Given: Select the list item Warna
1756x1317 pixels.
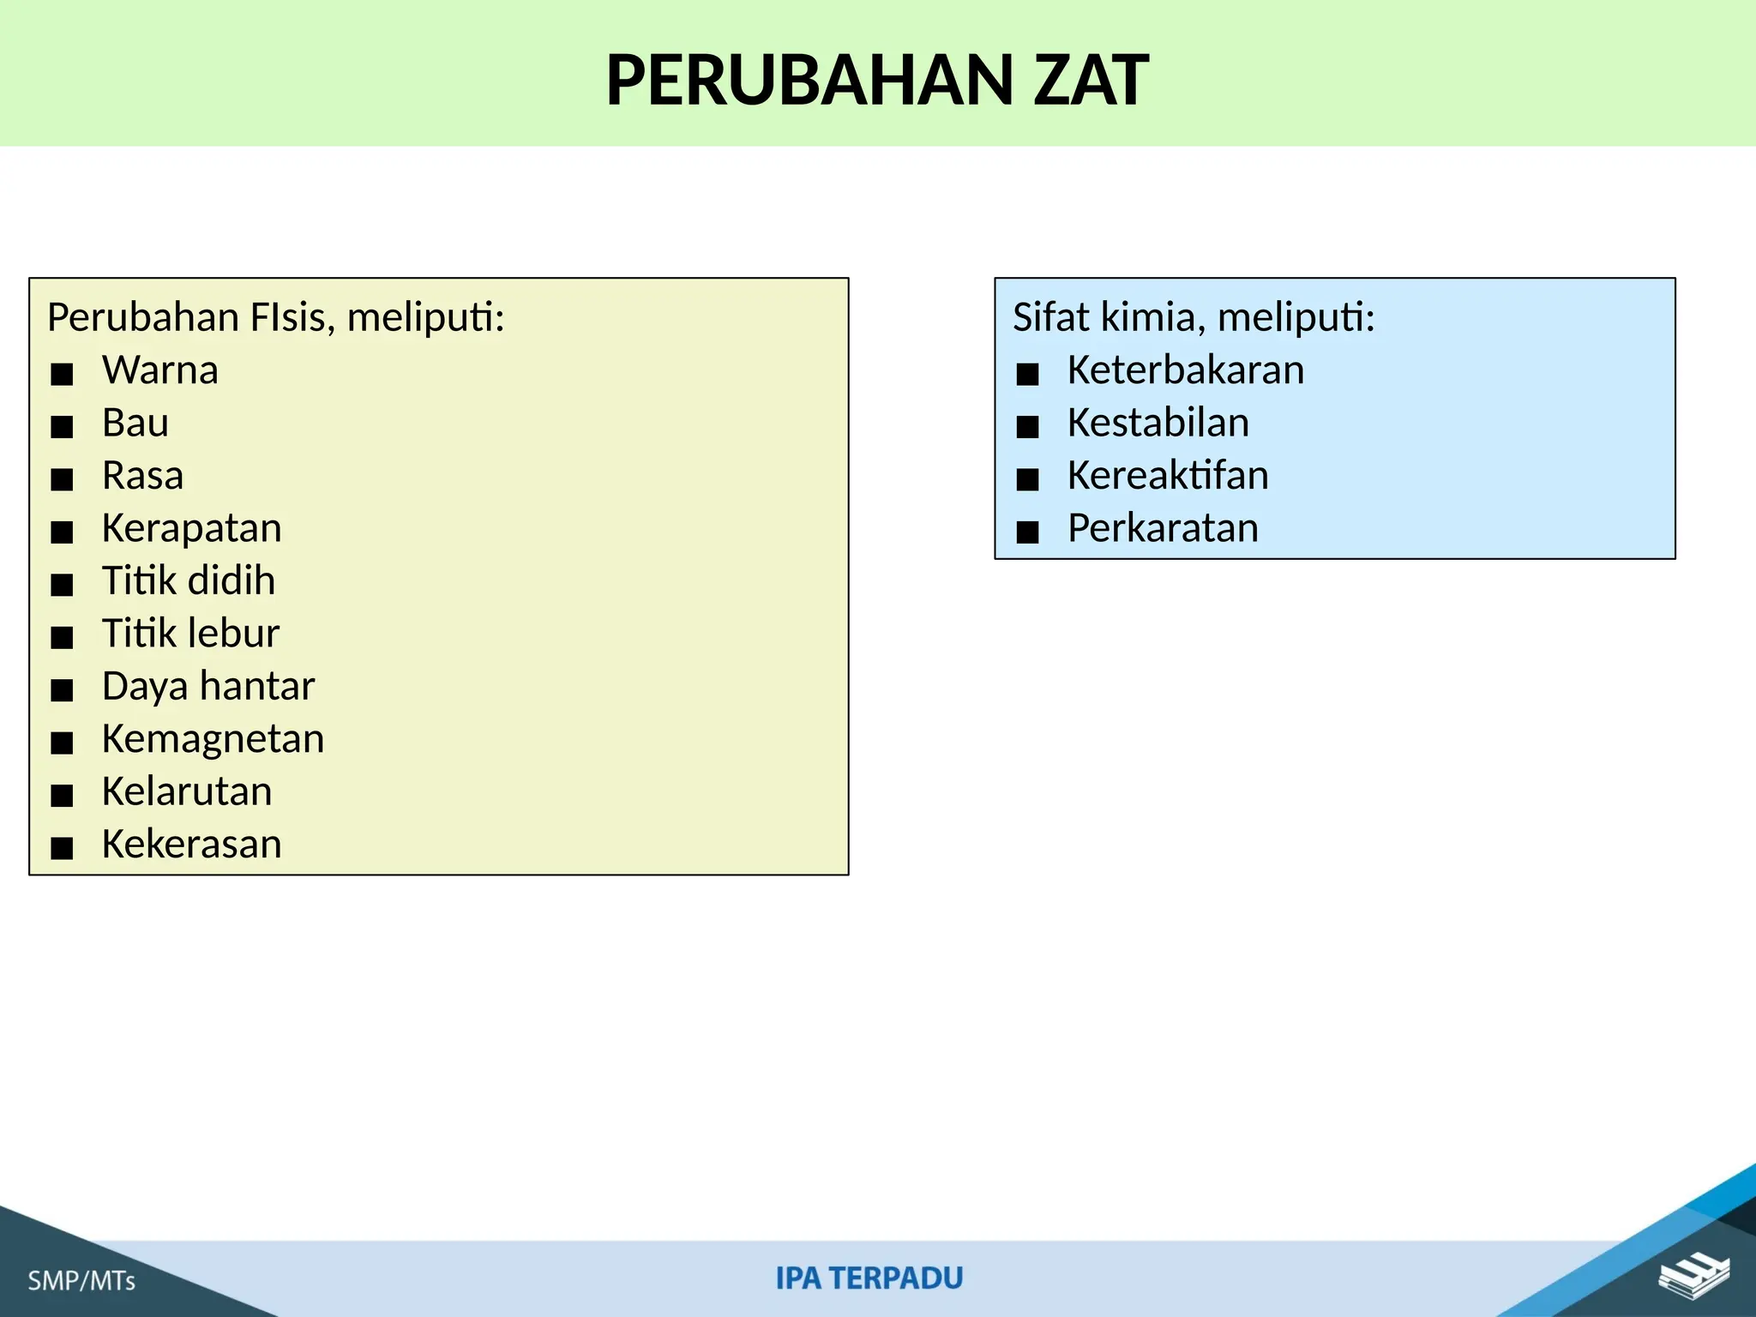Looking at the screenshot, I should click(160, 370).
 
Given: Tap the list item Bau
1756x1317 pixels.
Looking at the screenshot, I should click(135, 423).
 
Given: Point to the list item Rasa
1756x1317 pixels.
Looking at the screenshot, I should click(142, 476).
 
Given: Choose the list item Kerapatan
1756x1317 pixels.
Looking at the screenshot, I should click(191, 528).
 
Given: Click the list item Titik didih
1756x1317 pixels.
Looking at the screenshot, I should click(189, 580).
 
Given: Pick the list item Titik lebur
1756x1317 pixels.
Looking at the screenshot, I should click(190, 634).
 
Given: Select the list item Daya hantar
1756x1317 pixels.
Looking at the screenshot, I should click(208, 686).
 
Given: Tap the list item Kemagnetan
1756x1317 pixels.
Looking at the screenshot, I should click(213, 739).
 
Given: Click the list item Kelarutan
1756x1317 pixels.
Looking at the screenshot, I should click(187, 791).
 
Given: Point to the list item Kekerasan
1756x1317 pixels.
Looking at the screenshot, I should click(191, 845).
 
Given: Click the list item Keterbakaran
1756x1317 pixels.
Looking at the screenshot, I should click(1186, 370).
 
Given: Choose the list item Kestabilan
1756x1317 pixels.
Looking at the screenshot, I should click(1158, 423).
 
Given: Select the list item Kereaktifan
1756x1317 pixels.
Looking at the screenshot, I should click(1168, 476).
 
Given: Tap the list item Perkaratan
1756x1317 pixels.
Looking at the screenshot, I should click(1163, 528).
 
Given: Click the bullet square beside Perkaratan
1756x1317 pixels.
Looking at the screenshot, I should click(1027, 532).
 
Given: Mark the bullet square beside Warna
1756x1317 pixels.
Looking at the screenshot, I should click(62, 375).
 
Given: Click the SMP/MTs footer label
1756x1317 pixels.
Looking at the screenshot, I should click(81, 1281).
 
